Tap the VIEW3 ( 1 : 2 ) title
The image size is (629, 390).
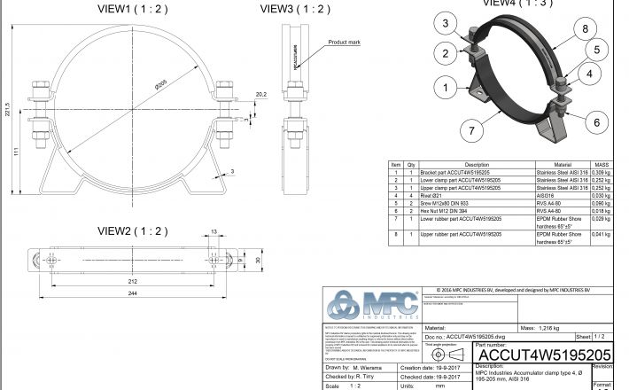(295, 9)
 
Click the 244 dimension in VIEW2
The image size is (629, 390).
(130, 293)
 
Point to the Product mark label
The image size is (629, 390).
(344, 42)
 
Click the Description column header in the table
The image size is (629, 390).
(477, 165)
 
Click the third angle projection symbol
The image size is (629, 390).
(440, 354)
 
